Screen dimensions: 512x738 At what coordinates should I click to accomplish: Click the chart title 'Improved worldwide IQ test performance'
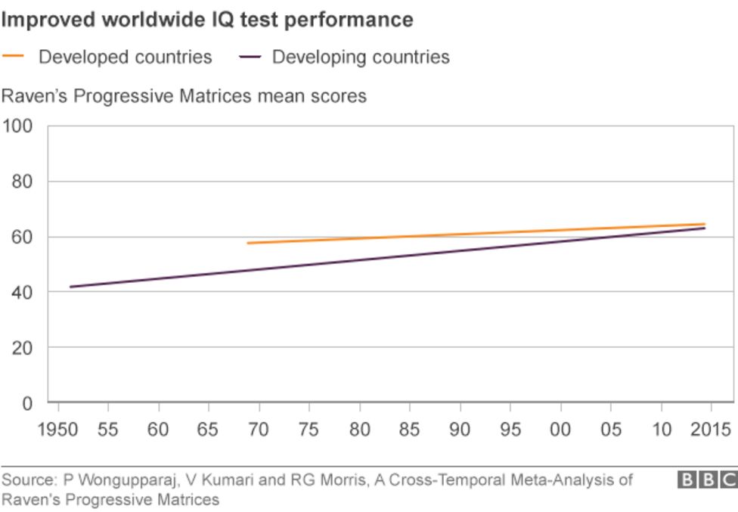(x=207, y=20)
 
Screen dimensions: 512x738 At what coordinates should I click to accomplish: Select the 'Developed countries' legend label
(x=126, y=57)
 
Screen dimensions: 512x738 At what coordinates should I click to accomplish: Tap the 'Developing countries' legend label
(x=361, y=57)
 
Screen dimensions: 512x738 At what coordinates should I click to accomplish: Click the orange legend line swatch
(x=14, y=56)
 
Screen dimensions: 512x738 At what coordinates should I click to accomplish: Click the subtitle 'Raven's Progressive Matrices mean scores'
(x=184, y=96)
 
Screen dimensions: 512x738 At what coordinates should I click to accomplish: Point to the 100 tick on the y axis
(x=18, y=126)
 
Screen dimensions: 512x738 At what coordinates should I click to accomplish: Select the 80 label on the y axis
(x=23, y=182)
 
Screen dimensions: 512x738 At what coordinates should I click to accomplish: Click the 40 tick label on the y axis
(x=23, y=292)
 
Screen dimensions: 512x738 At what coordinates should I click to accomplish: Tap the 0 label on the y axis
(x=28, y=402)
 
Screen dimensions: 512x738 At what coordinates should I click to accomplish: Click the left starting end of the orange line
(x=248, y=243)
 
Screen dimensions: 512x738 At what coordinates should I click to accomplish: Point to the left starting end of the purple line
(x=70, y=287)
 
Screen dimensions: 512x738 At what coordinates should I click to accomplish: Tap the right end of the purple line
(x=705, y=228)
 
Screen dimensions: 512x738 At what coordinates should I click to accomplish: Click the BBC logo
(x=706, y=479)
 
